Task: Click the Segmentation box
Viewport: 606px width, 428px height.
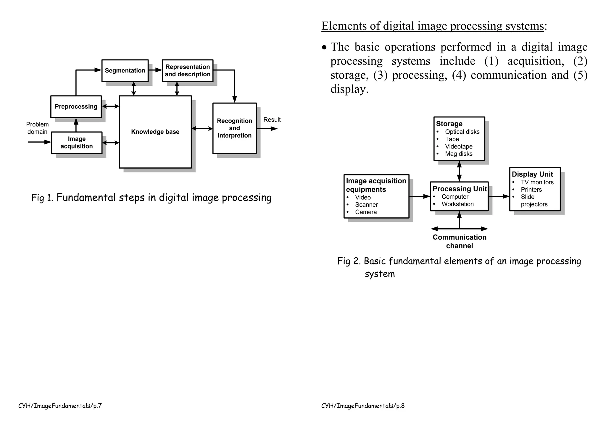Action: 125,71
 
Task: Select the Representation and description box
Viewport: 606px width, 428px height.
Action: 188,71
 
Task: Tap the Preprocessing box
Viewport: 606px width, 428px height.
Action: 76,107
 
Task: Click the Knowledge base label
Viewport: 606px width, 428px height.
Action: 155,132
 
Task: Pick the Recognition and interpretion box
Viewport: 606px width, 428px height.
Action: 234,128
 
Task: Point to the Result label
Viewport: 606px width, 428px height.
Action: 272,120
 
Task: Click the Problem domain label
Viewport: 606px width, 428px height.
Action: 37,128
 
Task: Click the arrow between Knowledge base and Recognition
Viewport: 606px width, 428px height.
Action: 202,129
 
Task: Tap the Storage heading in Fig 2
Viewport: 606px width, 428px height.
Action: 449,124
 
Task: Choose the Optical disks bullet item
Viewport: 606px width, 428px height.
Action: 462,132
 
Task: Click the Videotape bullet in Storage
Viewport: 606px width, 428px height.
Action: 459,147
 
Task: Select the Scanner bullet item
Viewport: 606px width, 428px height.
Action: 366,205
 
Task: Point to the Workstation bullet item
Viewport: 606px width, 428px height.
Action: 457,204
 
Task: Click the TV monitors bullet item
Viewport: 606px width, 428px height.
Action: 537,182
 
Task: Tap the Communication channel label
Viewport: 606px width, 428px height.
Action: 460,241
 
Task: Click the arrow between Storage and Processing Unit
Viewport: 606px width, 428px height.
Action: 459,171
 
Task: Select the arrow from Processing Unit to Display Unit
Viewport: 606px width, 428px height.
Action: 499,196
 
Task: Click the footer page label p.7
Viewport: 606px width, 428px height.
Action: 60,406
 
